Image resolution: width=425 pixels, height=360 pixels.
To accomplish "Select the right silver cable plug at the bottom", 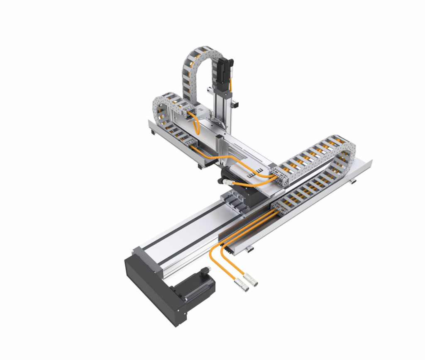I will click(251, 282).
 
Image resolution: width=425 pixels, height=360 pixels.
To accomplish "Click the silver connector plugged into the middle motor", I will click(228, 182).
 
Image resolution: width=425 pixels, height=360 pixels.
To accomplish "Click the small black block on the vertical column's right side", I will click(235, 103).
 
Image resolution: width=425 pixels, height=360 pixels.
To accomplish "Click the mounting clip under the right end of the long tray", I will click(352, 182).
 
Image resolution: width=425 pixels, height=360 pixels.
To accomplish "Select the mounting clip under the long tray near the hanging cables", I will click(248, 248).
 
